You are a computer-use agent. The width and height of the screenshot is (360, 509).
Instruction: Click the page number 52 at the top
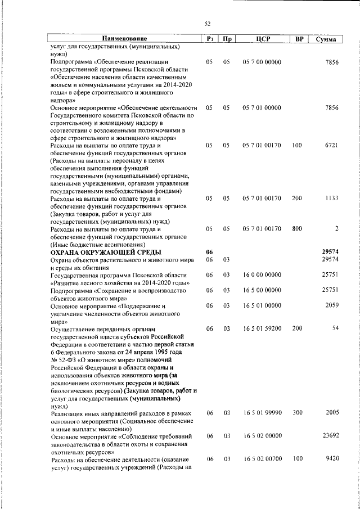(x=208, y=24)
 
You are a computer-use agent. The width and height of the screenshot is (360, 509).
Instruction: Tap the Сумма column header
(x=326, y=39)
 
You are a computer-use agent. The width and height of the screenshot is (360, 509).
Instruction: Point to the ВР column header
(x=299, y=39)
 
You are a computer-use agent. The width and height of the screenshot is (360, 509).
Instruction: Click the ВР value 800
(x=297, y=228)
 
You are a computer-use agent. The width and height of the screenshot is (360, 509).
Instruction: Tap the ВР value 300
(x=297, y=413)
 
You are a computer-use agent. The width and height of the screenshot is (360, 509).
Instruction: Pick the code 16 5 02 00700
(x=262, y=459)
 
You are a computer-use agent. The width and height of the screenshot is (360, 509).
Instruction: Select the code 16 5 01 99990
(x=262, y=413)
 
